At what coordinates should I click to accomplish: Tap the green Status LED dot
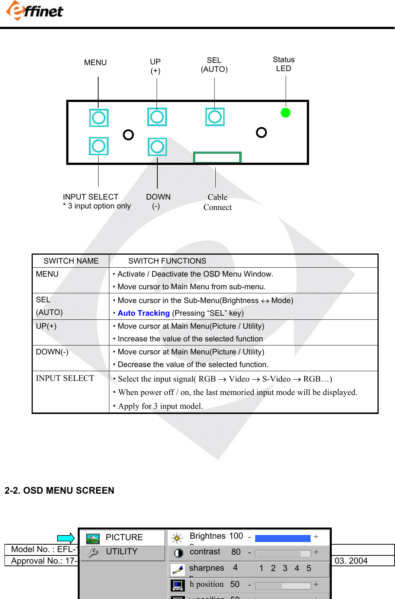pyautogui.click(x=285, y=112)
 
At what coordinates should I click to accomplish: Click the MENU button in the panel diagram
pyautogui.click(x=99, y=118)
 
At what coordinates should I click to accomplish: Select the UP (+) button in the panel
pyautogui.click(x=157, y=117)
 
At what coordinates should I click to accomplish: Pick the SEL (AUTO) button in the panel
pyautogui.click(x=215, y=117)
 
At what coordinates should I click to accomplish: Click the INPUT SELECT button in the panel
pyautogui.click(x=99, y=146)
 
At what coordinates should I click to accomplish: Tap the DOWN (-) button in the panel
pyautogui.click(x=157, y=147)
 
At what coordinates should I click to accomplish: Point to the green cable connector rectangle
pyautogui.click(x=217, y=157)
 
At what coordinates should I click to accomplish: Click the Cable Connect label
pyautogui.click(x=217, y=202)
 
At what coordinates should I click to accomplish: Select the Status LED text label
pyautogui.click(x=283, y=64)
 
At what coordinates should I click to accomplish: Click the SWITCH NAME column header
pyautogui.click(x=71, y=261)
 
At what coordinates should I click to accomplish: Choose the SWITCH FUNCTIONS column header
pyautogui.click(x=167, y=261)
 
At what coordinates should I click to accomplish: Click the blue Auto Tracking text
pyautogui.click(x=144, y=313)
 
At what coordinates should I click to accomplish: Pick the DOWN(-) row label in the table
pyautogui.click(x=52, y=352)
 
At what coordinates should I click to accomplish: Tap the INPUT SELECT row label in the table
pyautogui.click(x=65, y=378)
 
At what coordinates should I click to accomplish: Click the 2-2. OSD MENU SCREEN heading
pyautogui.click(x=60, y=490)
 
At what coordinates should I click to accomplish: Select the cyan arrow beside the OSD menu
pyautogui.click(x=66, y=538)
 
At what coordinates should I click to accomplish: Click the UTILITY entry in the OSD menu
pyautogui.click(x=122, y=551)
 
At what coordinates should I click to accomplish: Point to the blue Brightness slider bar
pyautogui.click(x=283, y=538)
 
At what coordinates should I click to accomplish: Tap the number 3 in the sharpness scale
pyautogui.click(x=285, y=568)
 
